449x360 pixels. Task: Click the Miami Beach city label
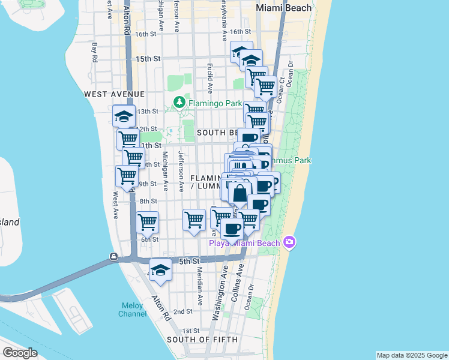[284, 8]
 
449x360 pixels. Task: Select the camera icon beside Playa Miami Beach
[289, 242]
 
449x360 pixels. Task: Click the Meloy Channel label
[132, 310]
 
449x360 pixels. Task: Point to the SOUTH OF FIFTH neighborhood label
[202, 340]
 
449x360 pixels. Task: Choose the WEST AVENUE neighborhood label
[114, 94]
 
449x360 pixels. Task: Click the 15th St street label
[148, 59]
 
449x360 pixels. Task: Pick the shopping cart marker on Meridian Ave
[194, 220]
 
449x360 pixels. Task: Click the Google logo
[20, 353]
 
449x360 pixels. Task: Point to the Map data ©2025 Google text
[412, 355]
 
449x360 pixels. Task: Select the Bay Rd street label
[94, 50]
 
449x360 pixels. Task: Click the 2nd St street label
[182, 312]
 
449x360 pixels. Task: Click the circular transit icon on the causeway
[113, 257]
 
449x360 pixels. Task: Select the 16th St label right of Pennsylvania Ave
[240, 31]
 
